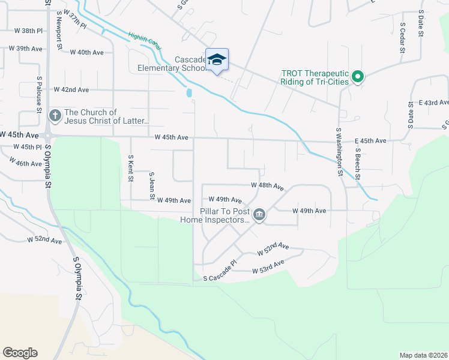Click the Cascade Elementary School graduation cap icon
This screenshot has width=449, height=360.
click(x=217, y=59)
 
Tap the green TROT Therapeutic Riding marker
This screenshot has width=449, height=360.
click(x=358, y=76)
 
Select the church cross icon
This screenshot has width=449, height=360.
click(x=55, y=115)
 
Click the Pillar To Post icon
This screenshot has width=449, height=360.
click(x=259, y=214)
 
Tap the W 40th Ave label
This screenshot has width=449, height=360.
click(x=86, y=52)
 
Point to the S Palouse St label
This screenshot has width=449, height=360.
click(x=38, y=94)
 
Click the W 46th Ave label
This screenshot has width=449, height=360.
click(x=26, y=163)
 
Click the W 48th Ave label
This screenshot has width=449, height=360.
click(x=267, y=187)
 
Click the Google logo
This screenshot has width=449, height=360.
click(x=20, y=353)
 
